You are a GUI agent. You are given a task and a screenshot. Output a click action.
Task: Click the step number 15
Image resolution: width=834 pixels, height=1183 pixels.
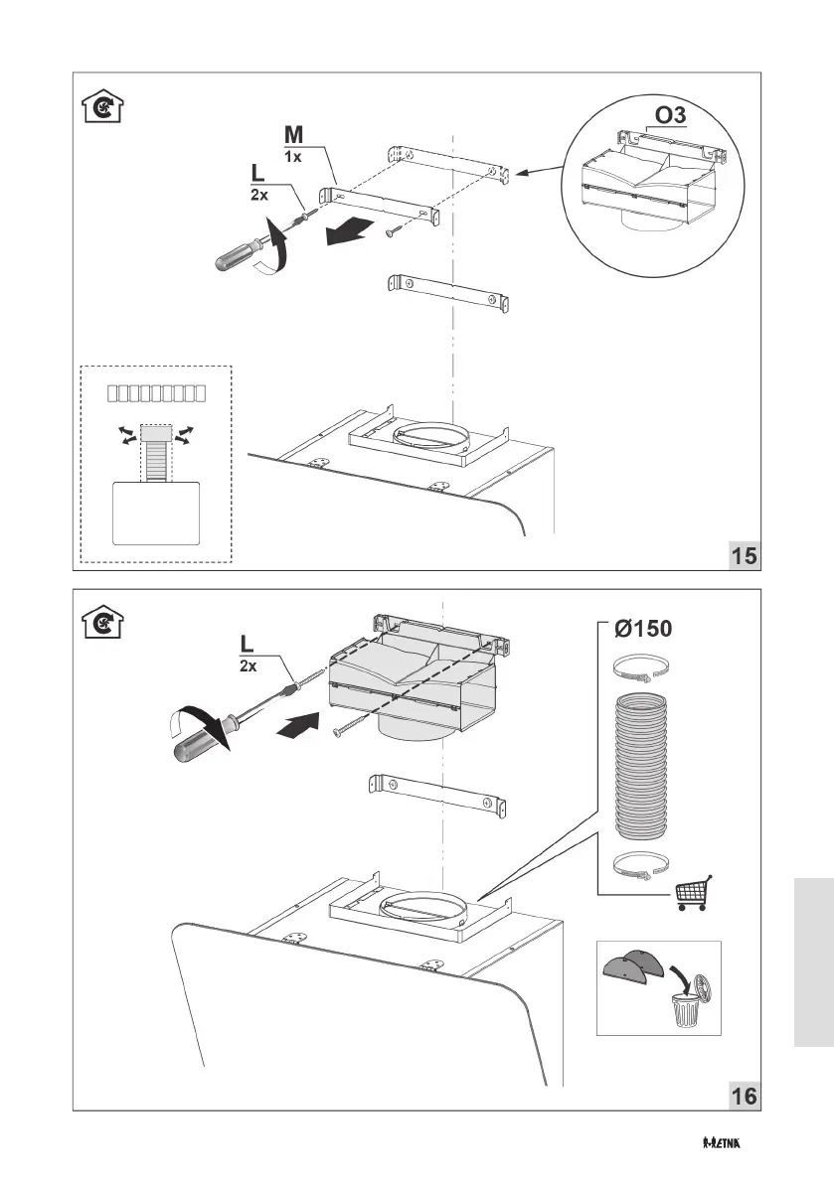click(744, 555)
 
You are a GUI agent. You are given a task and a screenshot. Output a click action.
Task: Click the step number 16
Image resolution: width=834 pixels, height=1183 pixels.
click(744, 1097)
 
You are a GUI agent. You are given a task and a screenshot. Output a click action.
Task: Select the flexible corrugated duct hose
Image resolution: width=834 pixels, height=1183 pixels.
click(644, 765)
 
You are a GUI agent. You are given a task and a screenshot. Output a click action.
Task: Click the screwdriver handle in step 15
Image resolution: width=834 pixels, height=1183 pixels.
click(240, 253)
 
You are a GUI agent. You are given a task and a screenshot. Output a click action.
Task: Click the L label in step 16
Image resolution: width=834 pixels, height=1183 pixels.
click(247, 647)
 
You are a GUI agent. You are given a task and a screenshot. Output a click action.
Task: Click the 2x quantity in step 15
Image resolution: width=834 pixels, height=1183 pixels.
click(259, 197)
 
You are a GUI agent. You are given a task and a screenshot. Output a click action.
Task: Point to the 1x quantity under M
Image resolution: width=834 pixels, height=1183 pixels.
click(293, 157)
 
